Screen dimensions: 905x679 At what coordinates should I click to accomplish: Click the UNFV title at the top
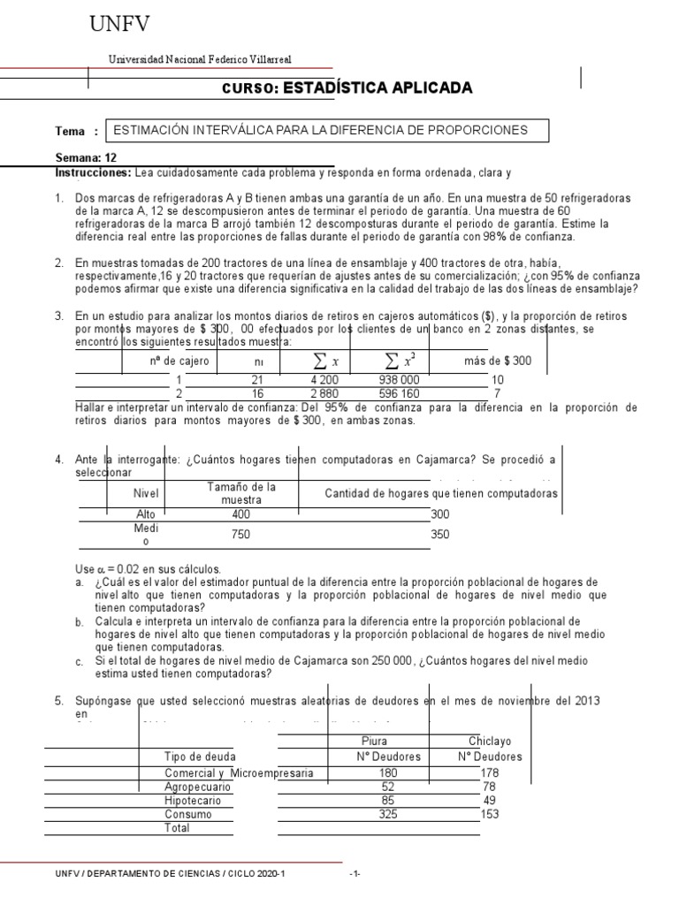tap(126, 27)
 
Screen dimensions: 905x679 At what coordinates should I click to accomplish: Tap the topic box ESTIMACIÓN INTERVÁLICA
tap(326, 131)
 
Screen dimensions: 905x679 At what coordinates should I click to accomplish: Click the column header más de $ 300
tap(498, 361)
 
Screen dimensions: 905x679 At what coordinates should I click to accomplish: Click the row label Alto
tap(145, 514)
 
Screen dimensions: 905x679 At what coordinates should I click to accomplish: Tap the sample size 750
tap(241, 534)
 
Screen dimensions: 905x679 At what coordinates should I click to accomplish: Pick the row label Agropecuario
tap(198, 786)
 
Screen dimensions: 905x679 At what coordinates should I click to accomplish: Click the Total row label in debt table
tap(178, 828)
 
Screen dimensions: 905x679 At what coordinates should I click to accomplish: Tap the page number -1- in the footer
tap(355, 874)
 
